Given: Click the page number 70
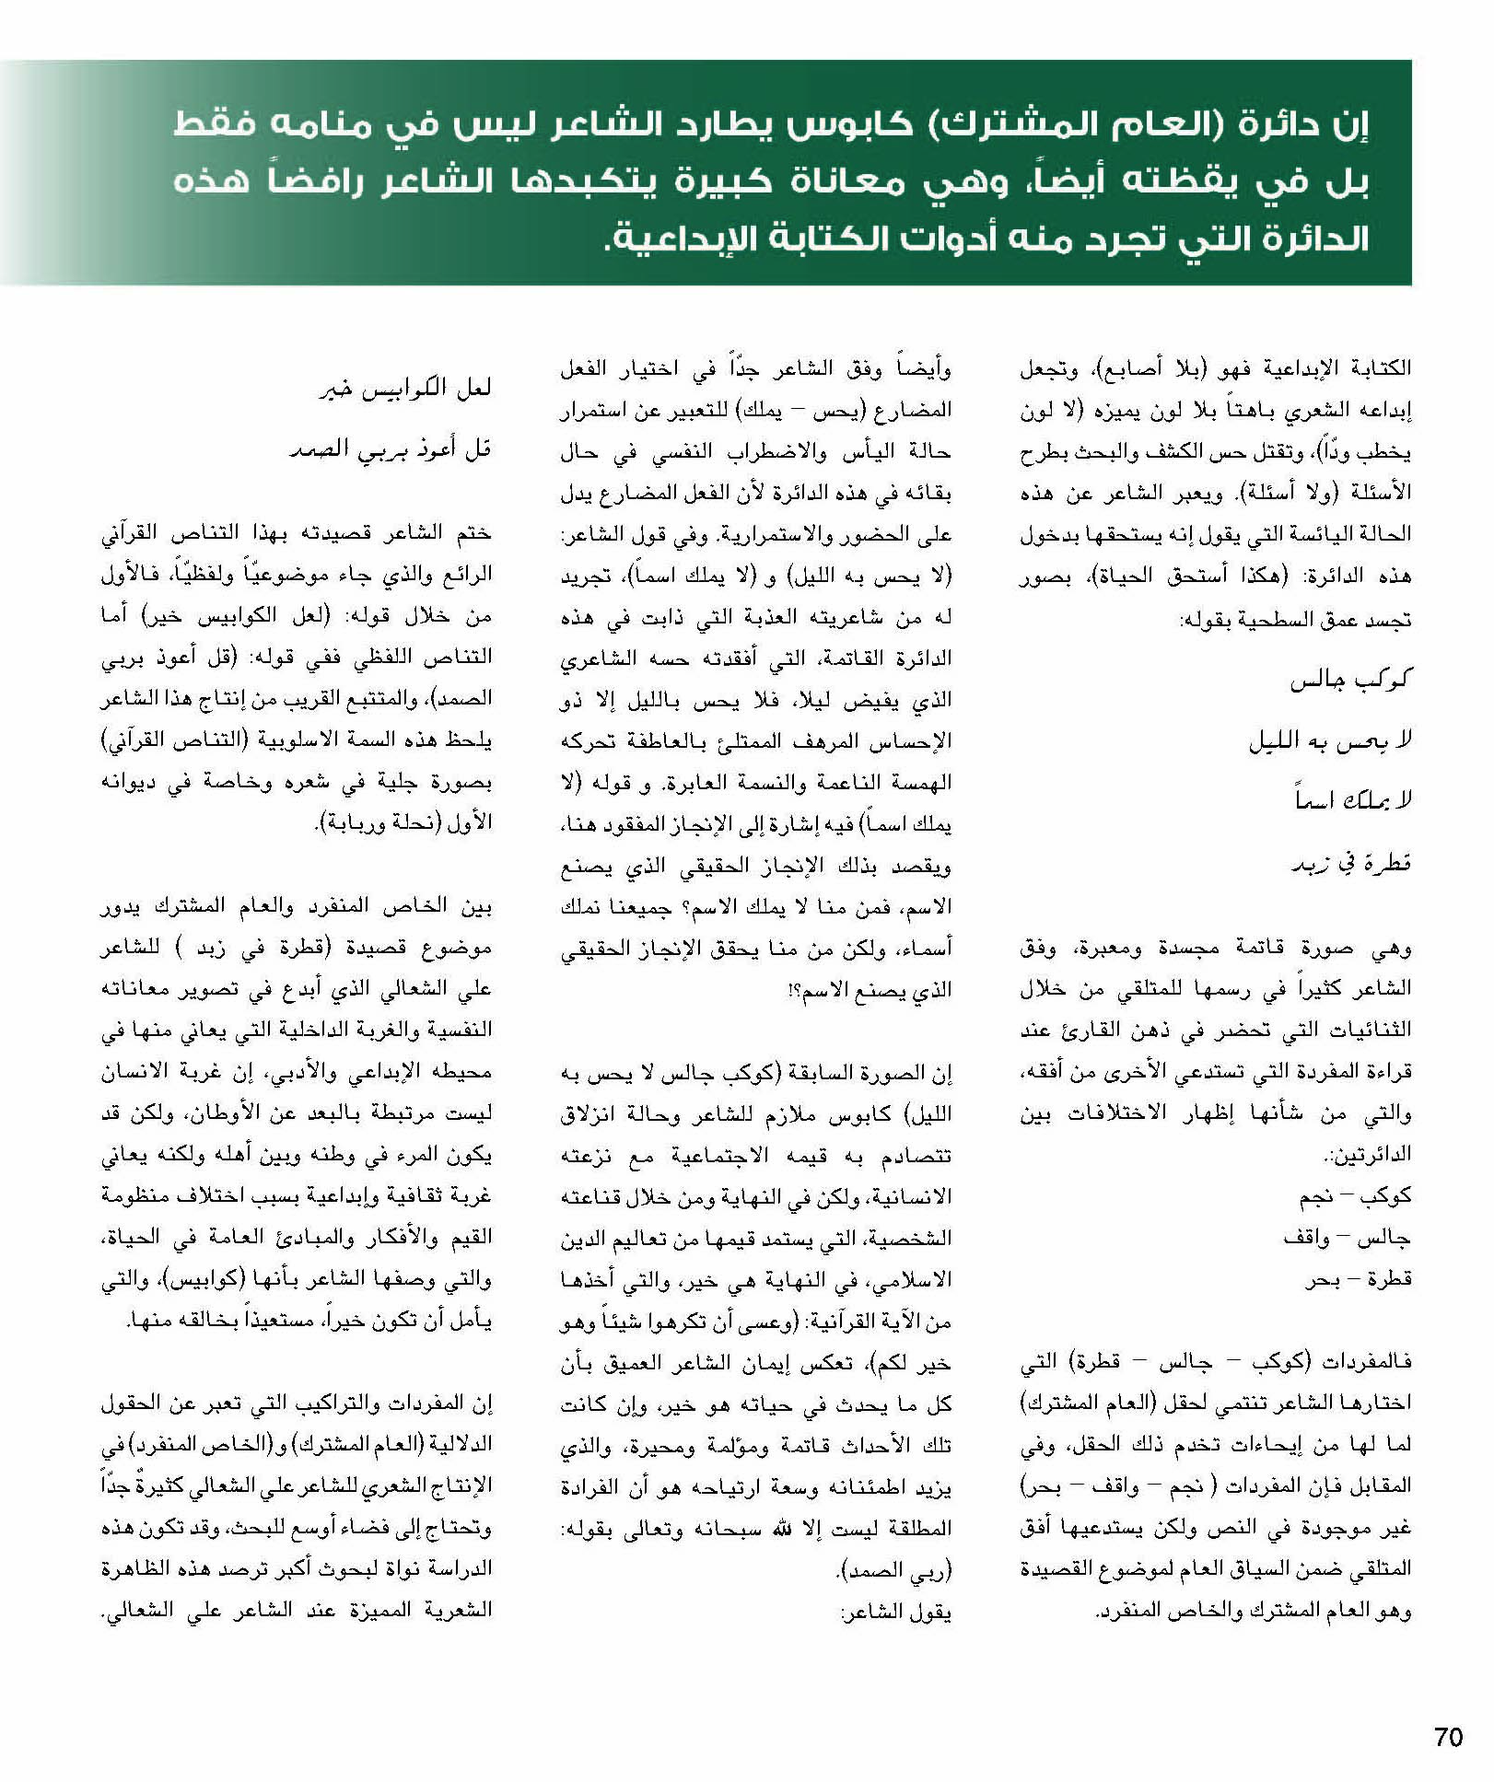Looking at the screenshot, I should [x=1449, y=1736].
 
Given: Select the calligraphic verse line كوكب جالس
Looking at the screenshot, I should [x=1351, y=681].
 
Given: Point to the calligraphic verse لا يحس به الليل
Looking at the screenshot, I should [x=1330, y=741].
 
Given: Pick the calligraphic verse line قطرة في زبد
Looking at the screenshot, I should [x=1351, y=863].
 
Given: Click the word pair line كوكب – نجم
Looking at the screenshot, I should [x=1355, y=1197].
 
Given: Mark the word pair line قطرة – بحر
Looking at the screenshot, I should [x=1358, y=1279].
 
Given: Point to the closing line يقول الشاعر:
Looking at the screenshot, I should [x=895, y=1612].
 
